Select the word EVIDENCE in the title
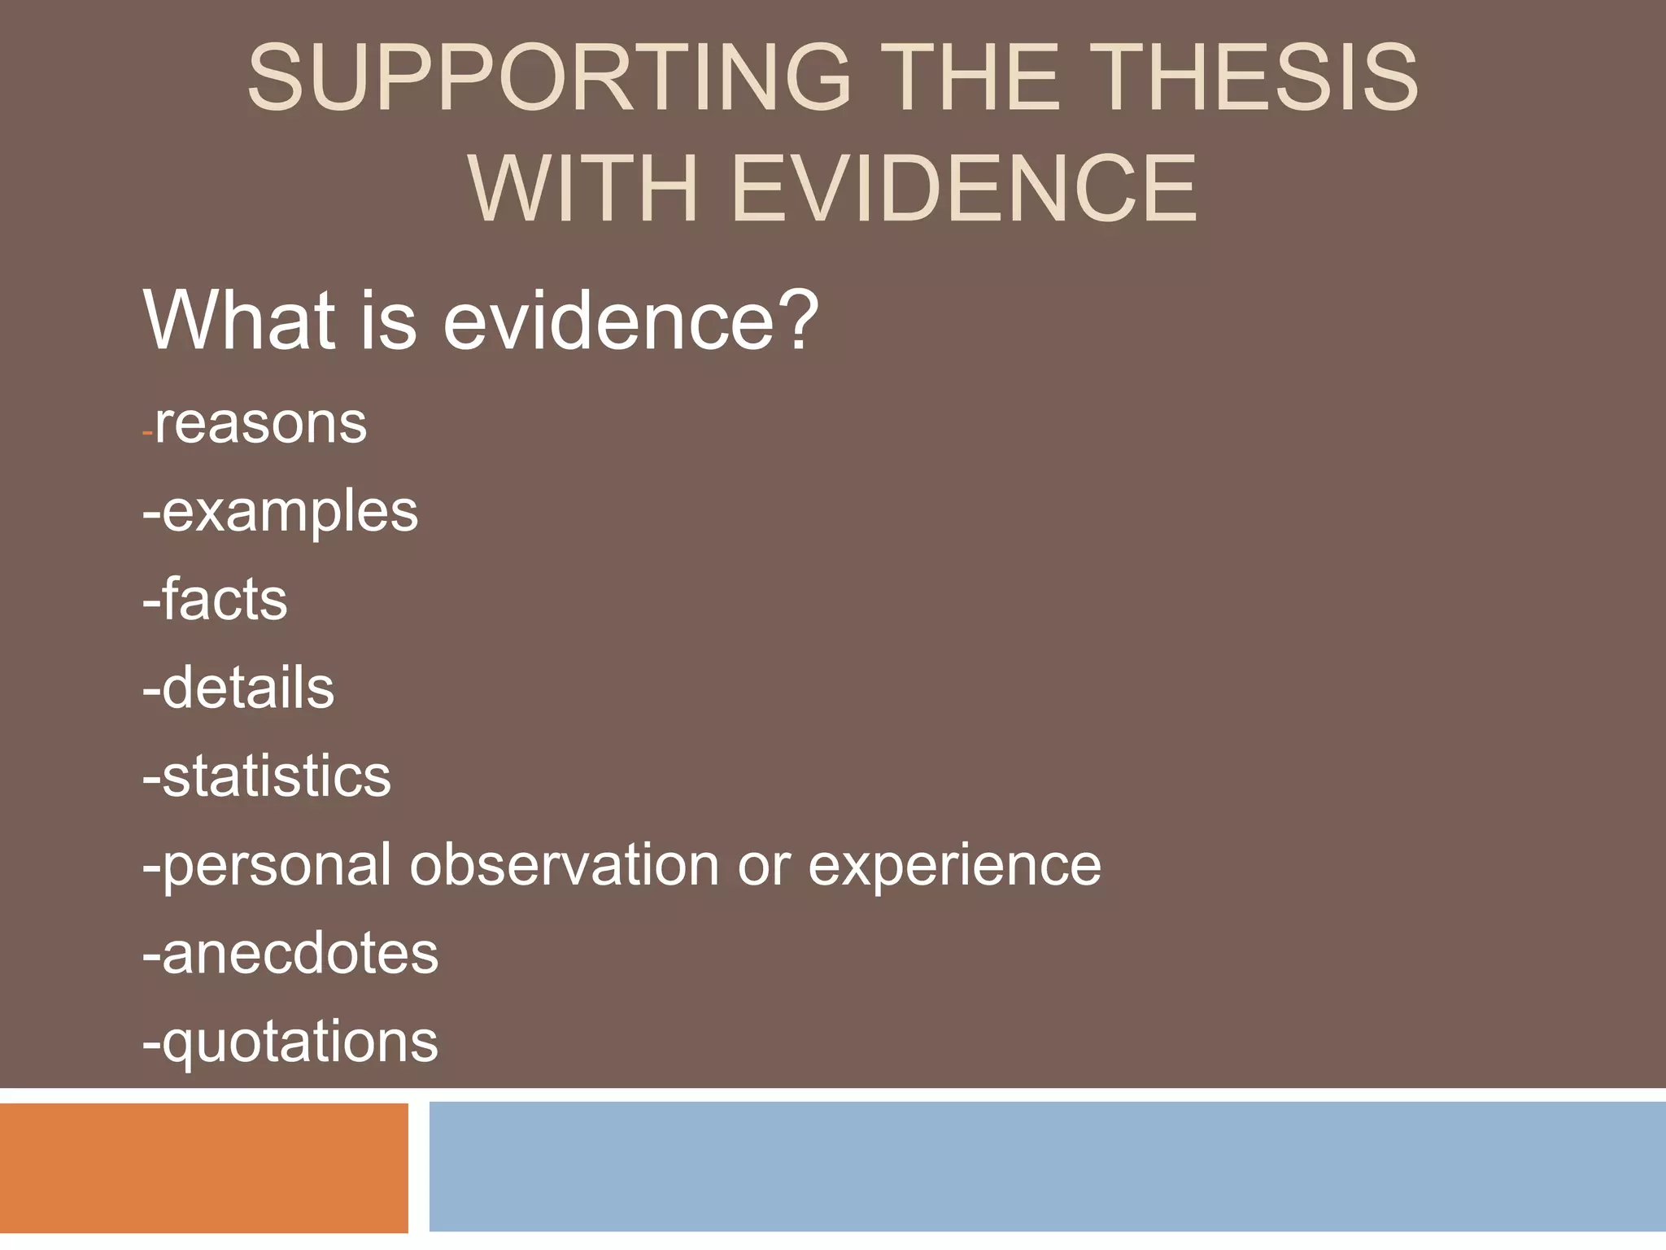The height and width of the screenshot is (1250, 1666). tap(965, 189)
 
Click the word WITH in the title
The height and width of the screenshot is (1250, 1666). tap(582, 189)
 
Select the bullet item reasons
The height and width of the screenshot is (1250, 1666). tap(260, 424)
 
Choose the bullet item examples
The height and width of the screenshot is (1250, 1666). tap(289, 513)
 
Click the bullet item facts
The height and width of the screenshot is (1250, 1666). tap(224, 600)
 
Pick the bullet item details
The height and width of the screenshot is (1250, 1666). tap(247, 688)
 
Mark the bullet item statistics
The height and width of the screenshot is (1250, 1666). tap(276, 776)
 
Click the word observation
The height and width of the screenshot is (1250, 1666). tap(564, 864)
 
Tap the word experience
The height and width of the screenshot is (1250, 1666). tap(953, 866)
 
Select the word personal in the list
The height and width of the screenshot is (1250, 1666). tap(277, 866)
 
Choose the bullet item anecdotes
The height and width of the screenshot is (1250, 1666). tap(299, 953)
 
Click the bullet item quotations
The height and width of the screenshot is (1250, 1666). tap(299, 1042)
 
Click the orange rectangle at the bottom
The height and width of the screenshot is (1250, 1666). tap(203, 1167)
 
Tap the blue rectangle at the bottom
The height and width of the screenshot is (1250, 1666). tap(1046, 1165)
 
